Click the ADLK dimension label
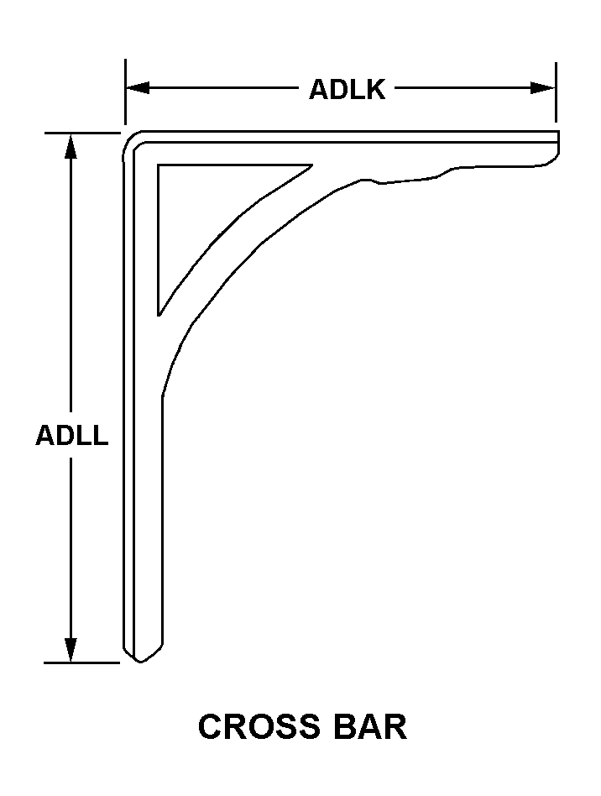tap(347, 89)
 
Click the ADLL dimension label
tap(71, 436)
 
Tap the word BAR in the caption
tap(368, 726)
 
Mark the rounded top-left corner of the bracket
tap(132, 140)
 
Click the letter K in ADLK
tap(374, 89)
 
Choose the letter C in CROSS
tap(212, 726)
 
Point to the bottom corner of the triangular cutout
tap(159, 313)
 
